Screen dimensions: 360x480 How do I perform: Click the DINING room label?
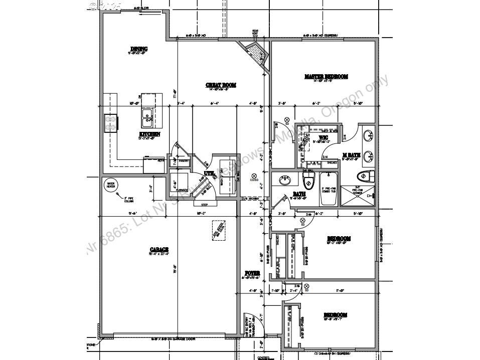tap(139, 49)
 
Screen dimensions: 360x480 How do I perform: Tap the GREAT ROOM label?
tap(221, 85)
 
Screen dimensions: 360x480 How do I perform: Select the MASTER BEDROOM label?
tap(326, 77)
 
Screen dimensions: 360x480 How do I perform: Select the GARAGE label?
tap(158, 250)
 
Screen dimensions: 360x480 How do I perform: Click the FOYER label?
tap(251, 273)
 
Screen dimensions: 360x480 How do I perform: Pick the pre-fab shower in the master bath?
tap(358, 195)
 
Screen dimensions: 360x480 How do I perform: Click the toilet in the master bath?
tap(365, 176)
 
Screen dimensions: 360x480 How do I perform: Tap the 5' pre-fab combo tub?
tap(330, 189)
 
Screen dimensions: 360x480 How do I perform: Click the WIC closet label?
tap(324, 137)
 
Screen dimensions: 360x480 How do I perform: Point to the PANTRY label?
tap(183, 161)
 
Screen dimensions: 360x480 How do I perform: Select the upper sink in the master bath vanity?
tap(368, 135)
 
